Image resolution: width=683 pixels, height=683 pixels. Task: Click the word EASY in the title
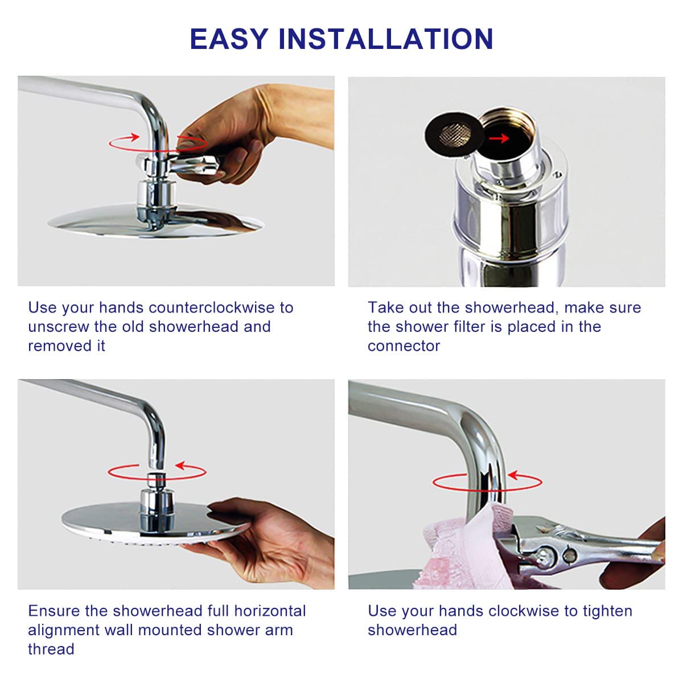[229, 39]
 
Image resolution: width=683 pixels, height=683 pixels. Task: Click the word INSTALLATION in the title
[386, 39]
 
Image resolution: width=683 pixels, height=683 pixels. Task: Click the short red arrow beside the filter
[499, 138]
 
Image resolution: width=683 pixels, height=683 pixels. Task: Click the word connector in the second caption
[404, 346]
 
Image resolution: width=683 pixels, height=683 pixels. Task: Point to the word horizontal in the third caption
[270, 611]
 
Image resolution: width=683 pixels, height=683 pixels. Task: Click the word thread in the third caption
[51, 649]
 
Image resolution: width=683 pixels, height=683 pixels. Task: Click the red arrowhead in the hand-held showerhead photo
[181, 466]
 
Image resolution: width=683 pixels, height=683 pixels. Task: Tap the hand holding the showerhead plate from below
[262, 542]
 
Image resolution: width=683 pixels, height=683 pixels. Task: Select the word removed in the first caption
[60, 346]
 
